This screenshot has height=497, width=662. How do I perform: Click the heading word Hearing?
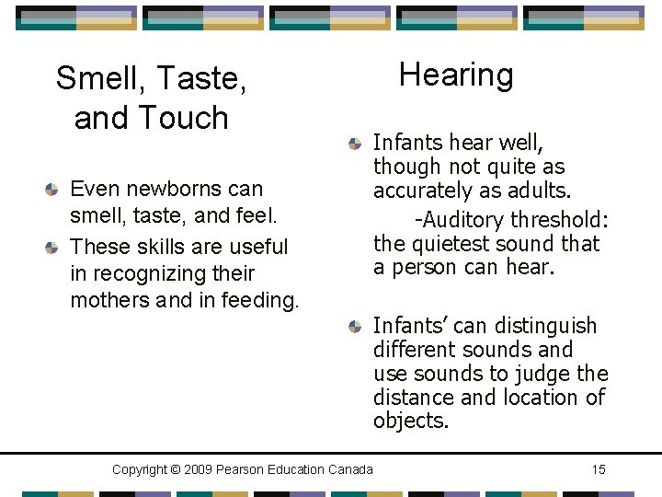pos(456,75)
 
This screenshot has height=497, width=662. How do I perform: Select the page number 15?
pos(599,470)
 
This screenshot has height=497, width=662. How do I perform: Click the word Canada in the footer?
pos(349,470)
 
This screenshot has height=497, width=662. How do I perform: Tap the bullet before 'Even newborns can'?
pos(52,190)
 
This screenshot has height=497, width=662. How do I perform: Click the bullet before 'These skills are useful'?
pos(52,248)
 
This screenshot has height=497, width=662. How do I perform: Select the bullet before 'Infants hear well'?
pos(355,144)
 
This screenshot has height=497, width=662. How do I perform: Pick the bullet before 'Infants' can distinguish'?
pos(355,327)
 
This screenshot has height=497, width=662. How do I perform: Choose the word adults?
pos(538,191)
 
